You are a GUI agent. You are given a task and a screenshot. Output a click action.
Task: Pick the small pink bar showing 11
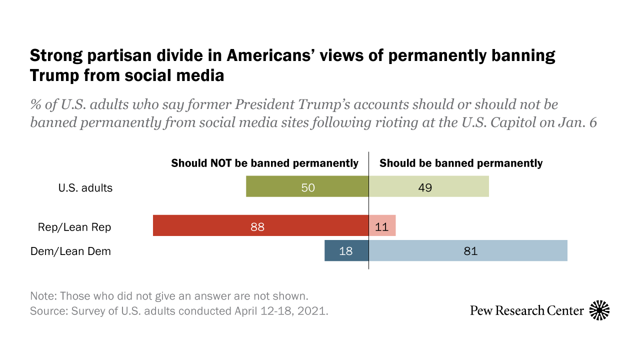382,225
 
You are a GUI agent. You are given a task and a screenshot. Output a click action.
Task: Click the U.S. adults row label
84,188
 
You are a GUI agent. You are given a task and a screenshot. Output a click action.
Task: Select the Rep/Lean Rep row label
74,227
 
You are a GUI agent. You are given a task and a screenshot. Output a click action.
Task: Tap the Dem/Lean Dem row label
71,251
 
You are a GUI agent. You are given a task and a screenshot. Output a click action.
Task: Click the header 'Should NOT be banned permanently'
264,163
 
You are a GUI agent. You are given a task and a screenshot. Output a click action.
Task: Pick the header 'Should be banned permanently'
461,163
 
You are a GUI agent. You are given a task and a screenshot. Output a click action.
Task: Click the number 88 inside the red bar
257,226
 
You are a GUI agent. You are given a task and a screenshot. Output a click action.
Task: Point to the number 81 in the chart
470,251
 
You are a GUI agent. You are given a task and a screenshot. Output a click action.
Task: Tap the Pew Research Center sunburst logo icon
599,310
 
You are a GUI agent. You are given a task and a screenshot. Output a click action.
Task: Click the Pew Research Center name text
526,311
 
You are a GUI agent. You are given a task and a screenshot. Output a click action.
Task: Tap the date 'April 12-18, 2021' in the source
281,310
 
